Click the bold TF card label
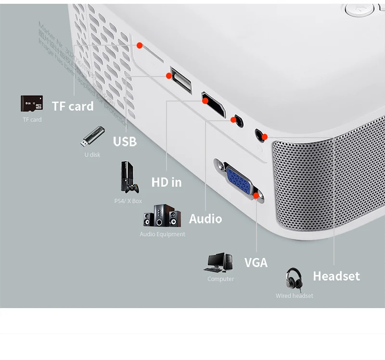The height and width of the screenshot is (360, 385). (x=73, y=106)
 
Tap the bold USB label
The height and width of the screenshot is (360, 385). (x=125, y=141)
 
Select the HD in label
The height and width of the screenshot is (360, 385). (x=167, y=182)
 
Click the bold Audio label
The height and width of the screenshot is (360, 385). (x=205, y=219)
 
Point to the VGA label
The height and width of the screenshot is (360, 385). (x=256, y=263)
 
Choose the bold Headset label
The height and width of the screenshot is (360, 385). (x=336, y=276)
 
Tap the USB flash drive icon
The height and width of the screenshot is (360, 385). (x=92, y=137)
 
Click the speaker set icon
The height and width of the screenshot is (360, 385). (x=162, y=216)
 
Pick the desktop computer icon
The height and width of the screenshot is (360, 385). (x=220, y=263)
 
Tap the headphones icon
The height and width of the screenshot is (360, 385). (x=294, y=279)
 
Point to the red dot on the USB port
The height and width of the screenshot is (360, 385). (x=169, y=76)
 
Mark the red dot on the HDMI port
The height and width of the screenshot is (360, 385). (x=205, y=101)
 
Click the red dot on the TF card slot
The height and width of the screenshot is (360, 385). (x=140, y=46)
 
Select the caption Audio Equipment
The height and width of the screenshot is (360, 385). (x=162, y=234)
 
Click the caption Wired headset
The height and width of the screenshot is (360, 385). (x=294, y=296)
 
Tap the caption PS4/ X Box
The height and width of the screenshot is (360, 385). (x=128, y=201)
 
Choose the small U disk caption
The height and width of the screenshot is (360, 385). (x=92, y=154)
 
